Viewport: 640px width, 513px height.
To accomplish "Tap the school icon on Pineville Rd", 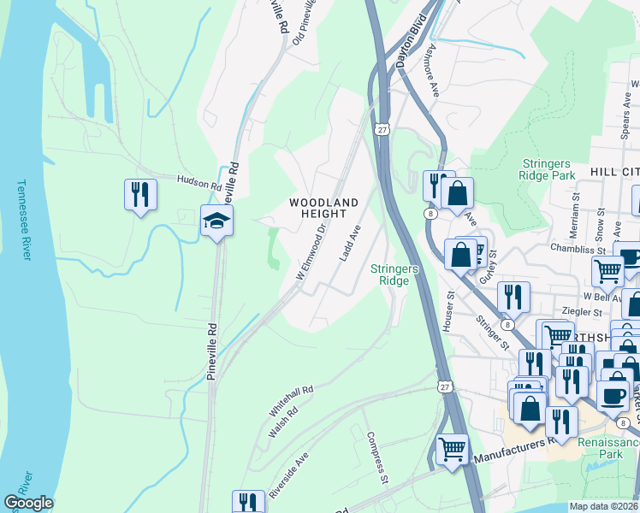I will coord(217,221).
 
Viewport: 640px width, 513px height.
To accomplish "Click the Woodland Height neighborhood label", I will coord(323,208).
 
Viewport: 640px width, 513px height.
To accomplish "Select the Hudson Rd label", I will coord(199,180).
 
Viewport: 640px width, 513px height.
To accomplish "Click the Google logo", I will coord(28,503).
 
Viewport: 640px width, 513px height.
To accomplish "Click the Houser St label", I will coord(448,314).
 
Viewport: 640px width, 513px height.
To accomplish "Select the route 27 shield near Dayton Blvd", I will coord(381,127).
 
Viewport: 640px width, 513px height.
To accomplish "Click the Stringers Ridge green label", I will coord(394,274).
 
